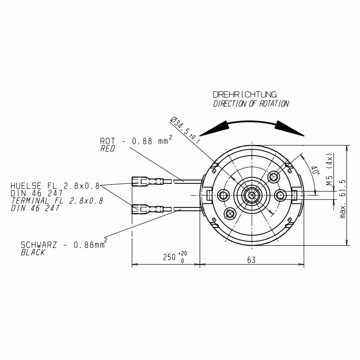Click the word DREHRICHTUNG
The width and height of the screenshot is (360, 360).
[x=244, y=95]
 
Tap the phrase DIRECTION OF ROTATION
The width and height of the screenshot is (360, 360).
[x=251, y=104]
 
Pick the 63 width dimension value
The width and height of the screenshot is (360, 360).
[x=251, y=259]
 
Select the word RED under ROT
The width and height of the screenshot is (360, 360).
[x=108, y=149]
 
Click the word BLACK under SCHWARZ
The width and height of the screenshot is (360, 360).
[x=33, y=252]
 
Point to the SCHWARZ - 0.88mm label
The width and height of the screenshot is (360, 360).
[x=63, y=245]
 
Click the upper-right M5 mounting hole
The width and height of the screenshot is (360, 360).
[x=274, y=177]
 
